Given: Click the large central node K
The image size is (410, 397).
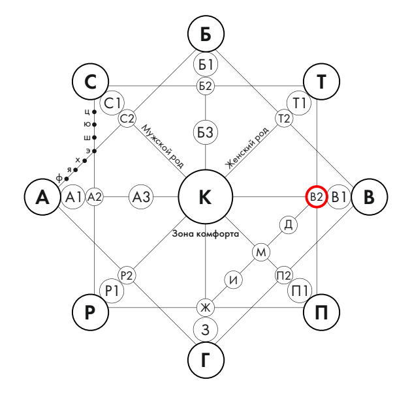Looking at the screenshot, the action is point(206,197).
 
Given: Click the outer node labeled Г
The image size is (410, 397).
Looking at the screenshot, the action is point(206,359).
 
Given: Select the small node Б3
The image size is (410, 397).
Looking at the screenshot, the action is point(206,133).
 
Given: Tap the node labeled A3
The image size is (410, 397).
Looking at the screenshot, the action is point(142,197).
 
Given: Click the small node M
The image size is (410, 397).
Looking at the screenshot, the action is point(261,252).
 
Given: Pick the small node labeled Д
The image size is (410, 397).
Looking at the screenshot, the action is point(289,225).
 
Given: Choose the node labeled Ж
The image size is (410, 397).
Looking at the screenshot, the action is point(206,307).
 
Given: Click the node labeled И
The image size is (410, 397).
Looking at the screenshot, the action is point(234,280).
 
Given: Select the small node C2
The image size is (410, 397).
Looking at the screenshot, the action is point(127,119).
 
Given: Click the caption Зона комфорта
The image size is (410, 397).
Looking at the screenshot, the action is point(206,233).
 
